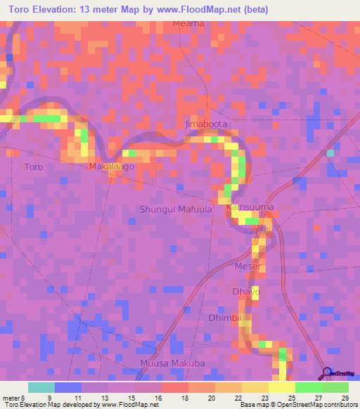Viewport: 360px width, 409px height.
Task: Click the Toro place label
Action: click(x=34, y=167)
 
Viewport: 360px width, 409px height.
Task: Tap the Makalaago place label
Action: click(x=111, y=167)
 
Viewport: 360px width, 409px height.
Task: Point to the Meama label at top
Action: click(x=188, y=23)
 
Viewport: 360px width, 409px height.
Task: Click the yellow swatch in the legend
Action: click(x=281, y=387)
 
